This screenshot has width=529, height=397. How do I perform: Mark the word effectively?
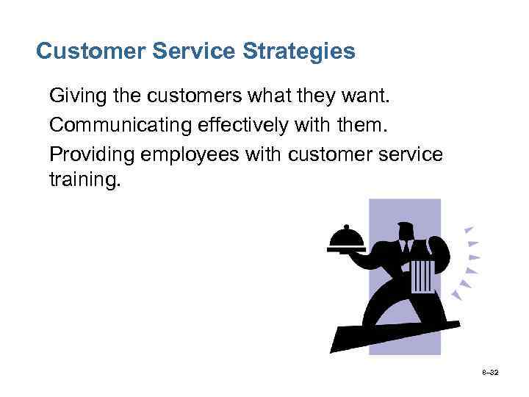(229, 126)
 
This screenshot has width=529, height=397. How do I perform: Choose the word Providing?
(83, 155)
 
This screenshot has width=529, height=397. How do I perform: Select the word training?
(83, 179)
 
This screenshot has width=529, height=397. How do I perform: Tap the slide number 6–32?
(491, 374)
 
